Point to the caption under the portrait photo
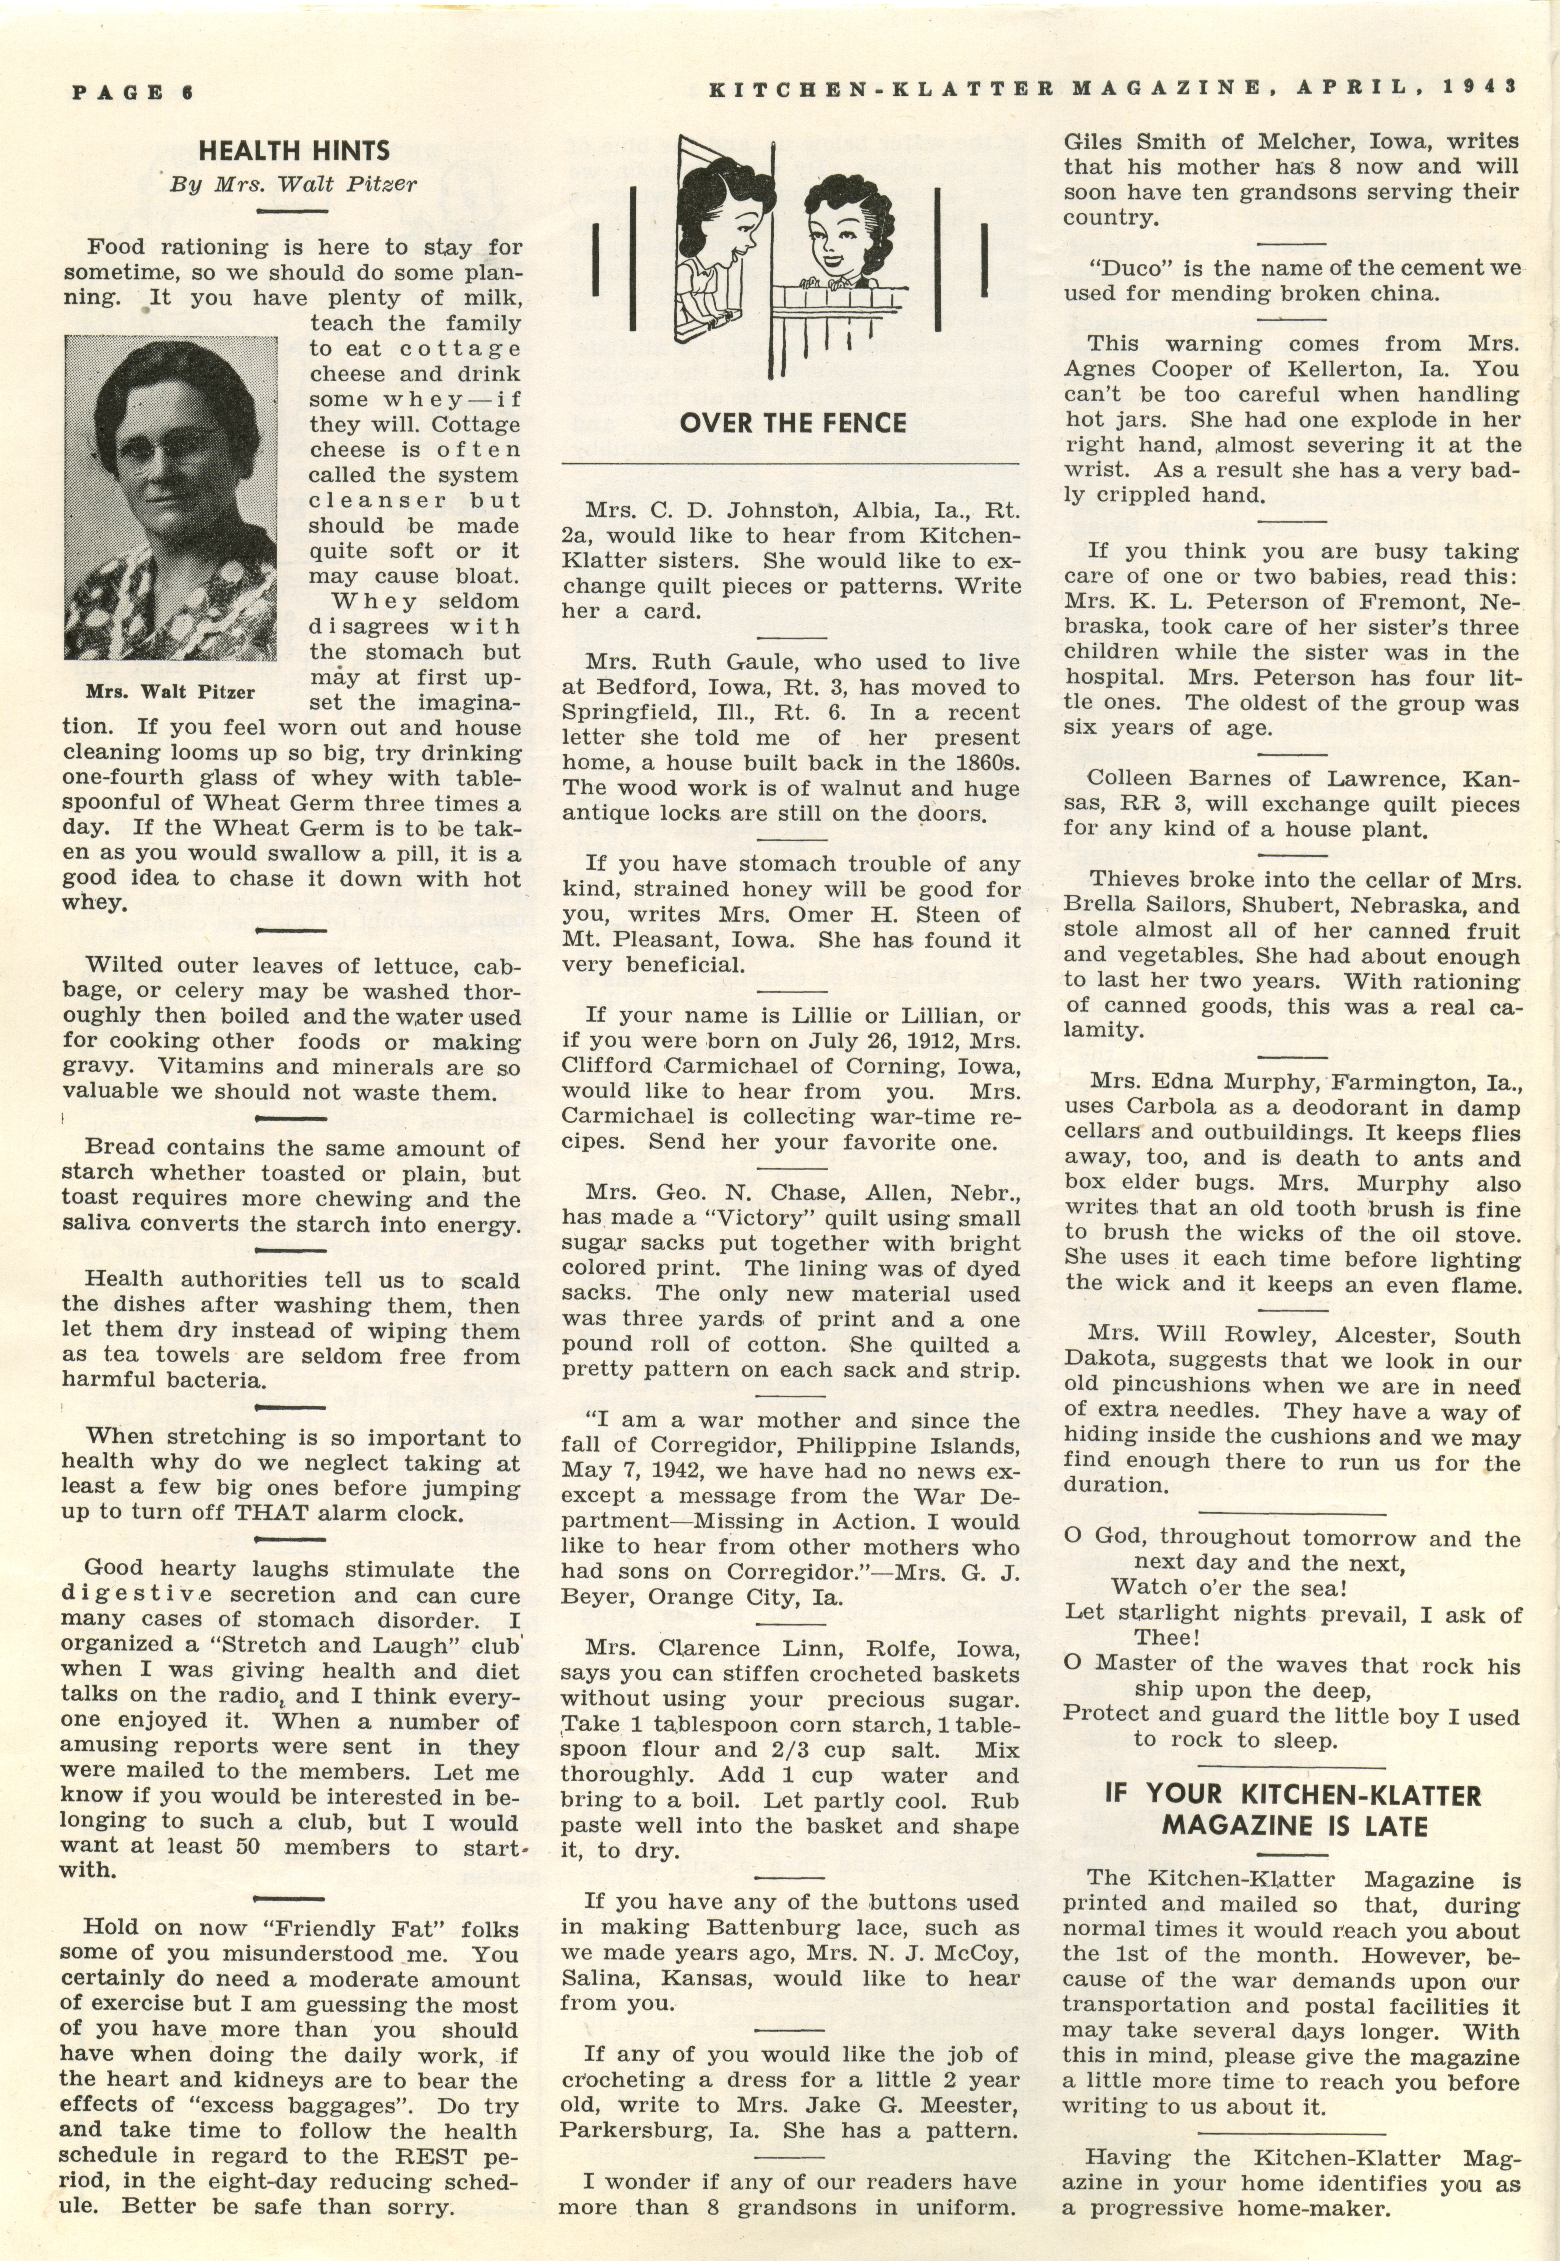pos(170,692)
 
